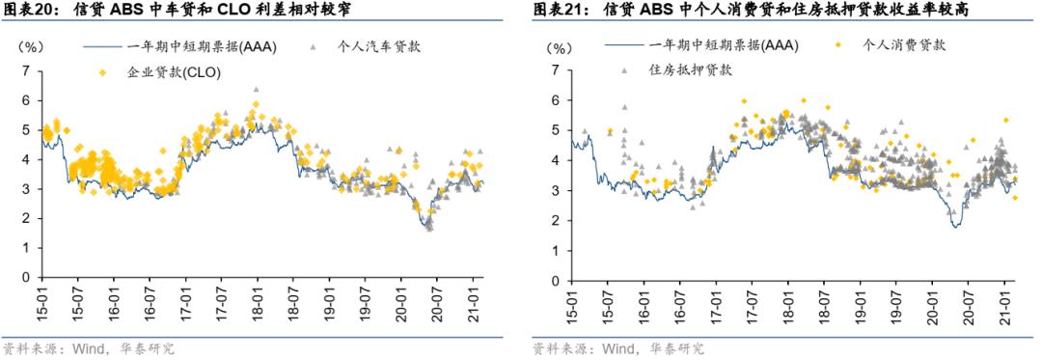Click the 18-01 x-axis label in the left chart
[258, 300]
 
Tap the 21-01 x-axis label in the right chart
[1004, 300]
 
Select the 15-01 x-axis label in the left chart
[41, 300]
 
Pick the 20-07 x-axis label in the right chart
[968, 300]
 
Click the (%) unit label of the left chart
[32, 46]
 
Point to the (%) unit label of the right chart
[560, 46]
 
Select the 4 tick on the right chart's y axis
[556, 159]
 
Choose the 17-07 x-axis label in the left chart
[221, 300]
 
